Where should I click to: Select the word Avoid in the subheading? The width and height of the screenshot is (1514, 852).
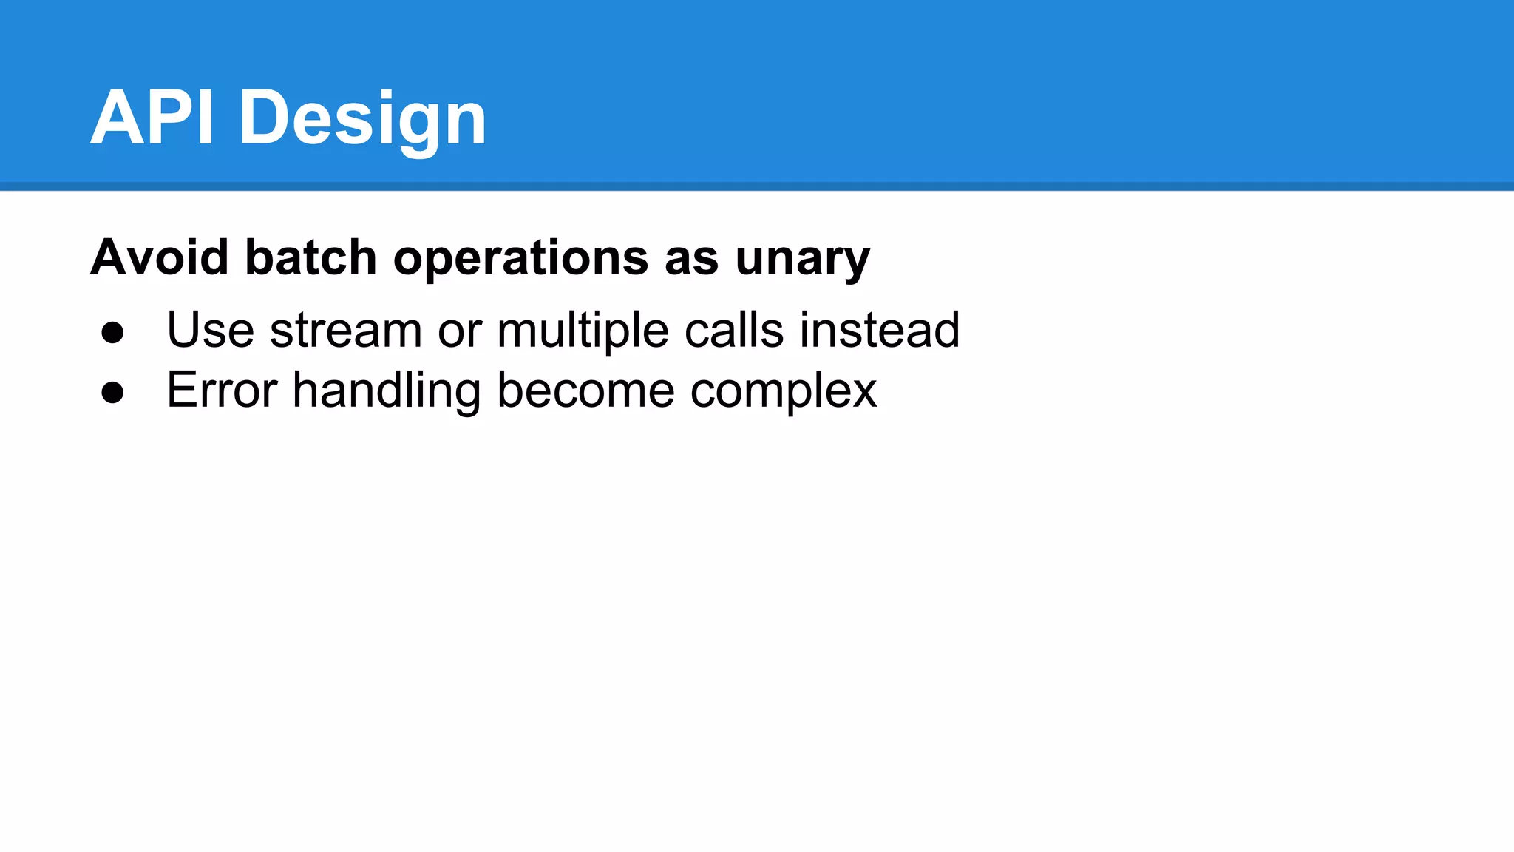pos(160,257)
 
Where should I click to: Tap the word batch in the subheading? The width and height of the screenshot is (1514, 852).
pos(311,257)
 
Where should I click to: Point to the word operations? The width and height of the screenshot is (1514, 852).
pos(521,259)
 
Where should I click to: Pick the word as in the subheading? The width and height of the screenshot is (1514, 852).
pos(691,259)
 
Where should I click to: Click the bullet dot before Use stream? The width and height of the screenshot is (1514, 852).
pos(112,332)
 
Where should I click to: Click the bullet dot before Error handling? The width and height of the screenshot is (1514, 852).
pos(112,392)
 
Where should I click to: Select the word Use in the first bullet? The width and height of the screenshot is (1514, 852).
pos(211,329)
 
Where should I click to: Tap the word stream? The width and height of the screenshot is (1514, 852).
pos(346,329)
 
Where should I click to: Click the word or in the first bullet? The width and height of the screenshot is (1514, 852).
pos(459,331)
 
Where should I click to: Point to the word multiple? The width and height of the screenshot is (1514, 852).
pos(583,331)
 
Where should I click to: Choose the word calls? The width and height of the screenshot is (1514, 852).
pos(734,329)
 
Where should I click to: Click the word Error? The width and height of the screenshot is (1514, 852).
pos(222,390)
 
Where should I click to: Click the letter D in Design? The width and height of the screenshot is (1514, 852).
pos(264,118)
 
